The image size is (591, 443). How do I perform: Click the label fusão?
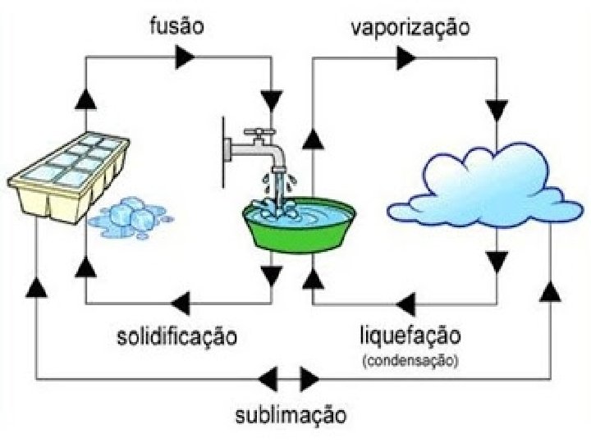176,25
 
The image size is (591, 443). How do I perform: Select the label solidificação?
176,336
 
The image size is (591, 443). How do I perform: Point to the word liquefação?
410,336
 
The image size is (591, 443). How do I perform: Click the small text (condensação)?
410,359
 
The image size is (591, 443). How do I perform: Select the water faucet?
261,148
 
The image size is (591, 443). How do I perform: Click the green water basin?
292,227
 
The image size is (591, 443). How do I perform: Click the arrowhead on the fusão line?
185,57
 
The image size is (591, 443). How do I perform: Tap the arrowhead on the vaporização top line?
405,57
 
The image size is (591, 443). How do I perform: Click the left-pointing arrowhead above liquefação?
405,304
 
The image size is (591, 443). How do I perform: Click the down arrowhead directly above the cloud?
496,109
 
